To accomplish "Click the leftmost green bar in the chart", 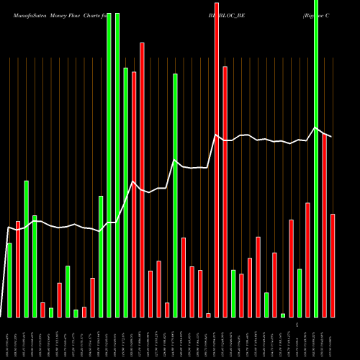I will (x=9, y=280).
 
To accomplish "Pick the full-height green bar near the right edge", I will (x=316, y=158).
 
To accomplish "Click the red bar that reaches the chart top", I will (x=217, y=158).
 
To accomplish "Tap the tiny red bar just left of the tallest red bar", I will (x=208, y=315).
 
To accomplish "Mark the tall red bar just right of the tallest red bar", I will (x=225, y=192).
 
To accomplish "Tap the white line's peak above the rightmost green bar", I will (x=315, y=128).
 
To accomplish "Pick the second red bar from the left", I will (x=42, y=310).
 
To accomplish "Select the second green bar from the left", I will (x=26, y=248).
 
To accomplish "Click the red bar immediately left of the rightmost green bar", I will (x=307, y=260).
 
